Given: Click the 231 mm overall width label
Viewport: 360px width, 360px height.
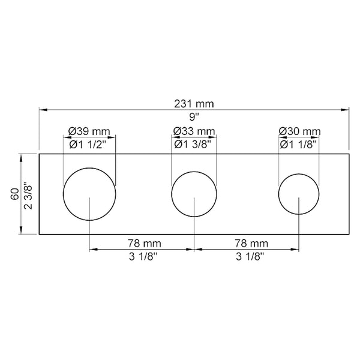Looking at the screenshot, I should point(194,104).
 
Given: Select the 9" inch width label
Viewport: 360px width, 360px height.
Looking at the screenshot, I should point(194,117).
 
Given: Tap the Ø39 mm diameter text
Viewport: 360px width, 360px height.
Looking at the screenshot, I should point(89,131).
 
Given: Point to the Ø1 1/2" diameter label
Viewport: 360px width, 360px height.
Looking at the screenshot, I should point(89,144).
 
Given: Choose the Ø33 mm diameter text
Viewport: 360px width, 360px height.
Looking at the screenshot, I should point(194,131).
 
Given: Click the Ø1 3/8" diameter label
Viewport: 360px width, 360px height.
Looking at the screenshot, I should point(194,144).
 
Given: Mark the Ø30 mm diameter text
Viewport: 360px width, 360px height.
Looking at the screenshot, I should point(299,131).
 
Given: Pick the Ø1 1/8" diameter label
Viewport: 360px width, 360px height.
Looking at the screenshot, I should point(299,144).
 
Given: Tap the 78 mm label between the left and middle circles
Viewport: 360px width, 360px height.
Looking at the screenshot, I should point(142,243).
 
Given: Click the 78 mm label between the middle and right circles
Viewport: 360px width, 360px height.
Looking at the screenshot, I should point(247,243).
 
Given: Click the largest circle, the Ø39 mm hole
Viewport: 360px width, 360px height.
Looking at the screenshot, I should point(89,193).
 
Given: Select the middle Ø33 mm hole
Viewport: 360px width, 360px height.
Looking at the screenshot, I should point(194,193).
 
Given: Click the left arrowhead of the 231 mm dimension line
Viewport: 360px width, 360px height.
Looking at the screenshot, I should point(42,110).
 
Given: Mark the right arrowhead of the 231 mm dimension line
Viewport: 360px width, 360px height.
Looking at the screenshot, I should point(347,110).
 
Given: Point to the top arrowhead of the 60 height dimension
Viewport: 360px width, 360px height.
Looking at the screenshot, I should point(22,157).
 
